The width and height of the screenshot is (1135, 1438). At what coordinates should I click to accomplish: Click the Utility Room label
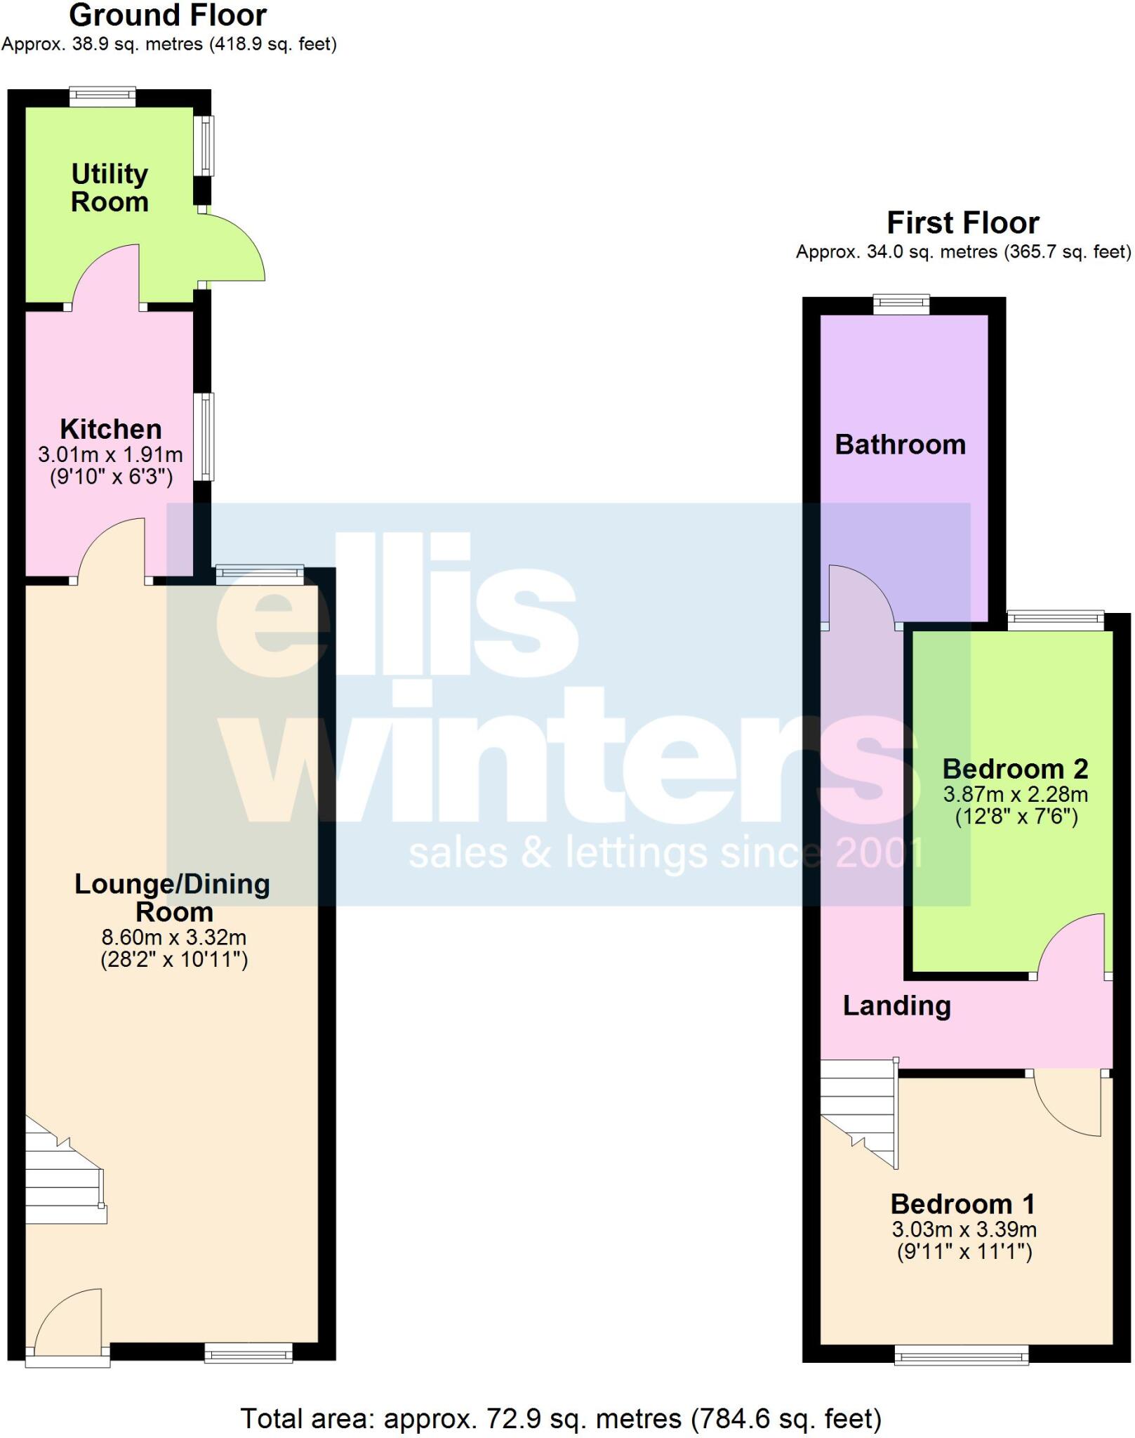click(109, 187)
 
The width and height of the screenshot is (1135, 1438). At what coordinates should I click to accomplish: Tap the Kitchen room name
click(111, 428)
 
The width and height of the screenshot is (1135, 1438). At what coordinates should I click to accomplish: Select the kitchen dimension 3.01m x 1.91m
click(110, 454)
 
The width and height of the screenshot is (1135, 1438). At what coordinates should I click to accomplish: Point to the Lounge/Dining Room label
click(173, 897)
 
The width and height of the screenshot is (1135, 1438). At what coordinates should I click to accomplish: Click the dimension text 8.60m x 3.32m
click(174, 937)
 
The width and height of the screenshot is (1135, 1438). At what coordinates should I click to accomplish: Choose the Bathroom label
click(900, 444)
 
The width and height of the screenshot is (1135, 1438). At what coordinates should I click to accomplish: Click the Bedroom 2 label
click(1015, 769)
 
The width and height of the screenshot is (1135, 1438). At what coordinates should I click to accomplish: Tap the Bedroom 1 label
click(963, 1203)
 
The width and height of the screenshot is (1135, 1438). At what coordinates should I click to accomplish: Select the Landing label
click(896, 1005)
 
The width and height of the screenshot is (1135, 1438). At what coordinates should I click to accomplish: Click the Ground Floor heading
click(168, 15)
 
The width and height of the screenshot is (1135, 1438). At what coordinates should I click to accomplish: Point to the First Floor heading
click(962, 223)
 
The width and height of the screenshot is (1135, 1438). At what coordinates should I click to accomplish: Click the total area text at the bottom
click(561, 1418)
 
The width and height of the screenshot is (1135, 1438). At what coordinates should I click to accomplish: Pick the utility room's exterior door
click(232, 249)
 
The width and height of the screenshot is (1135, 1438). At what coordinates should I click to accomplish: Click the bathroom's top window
click(901, 304)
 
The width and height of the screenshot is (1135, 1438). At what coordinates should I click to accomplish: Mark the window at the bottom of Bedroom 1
click(961, 1354)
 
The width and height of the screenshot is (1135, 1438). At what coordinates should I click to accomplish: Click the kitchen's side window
click(204, 436)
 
